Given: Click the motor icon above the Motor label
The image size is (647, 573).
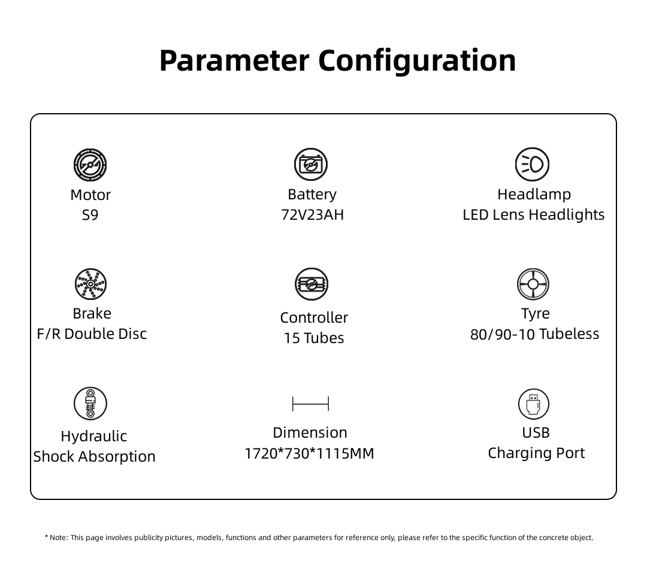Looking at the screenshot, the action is (90, 165).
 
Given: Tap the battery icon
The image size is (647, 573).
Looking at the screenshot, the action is (311, 164).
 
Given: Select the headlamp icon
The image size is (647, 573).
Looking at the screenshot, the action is (533, 164).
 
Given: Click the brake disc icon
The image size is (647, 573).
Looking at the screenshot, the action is (91, 284).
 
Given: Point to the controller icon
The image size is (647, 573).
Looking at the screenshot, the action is (312, 284).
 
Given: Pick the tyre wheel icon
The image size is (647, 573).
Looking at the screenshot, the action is (533, 284).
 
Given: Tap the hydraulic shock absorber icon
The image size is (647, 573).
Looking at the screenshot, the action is (90, 404).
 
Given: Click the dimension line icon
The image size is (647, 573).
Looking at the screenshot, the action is (311, 404).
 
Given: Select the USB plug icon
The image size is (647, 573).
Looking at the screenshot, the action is (534, 404).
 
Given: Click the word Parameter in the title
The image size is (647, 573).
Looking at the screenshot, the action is (234, 61).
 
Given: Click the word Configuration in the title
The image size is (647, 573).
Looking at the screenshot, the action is (417, 61).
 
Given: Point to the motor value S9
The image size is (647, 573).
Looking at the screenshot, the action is (90, 215).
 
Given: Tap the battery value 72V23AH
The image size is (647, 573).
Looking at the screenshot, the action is (312, 215).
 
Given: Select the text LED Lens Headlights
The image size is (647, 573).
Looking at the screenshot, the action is (534, 215).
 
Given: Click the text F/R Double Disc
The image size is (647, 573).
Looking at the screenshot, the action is (92, 334).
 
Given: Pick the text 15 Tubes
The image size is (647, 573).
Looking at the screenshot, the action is (314, 338).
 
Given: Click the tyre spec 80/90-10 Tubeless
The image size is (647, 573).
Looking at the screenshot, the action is (535, 334).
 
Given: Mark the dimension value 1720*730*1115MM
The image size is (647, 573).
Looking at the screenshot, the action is (310, 453).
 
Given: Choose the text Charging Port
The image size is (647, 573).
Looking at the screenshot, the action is (536, 453).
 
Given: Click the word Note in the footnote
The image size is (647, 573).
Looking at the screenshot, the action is (58, 538).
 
